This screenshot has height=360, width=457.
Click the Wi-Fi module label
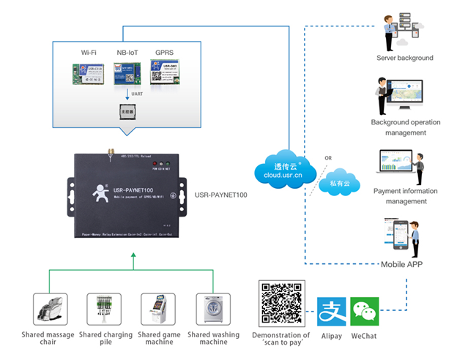(88, 53)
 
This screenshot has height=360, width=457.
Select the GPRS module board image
(165, 73)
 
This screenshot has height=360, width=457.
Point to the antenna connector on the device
(108, 154)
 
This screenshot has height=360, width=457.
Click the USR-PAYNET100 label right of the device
(220, 195)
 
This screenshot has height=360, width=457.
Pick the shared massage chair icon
(50, 310)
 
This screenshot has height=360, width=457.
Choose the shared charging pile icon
(105, 310)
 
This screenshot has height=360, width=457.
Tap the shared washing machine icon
(213, 310)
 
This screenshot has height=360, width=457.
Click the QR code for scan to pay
(281, 304)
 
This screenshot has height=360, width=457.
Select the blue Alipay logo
(332, 311)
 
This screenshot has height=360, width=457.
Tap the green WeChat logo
(365, 311)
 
